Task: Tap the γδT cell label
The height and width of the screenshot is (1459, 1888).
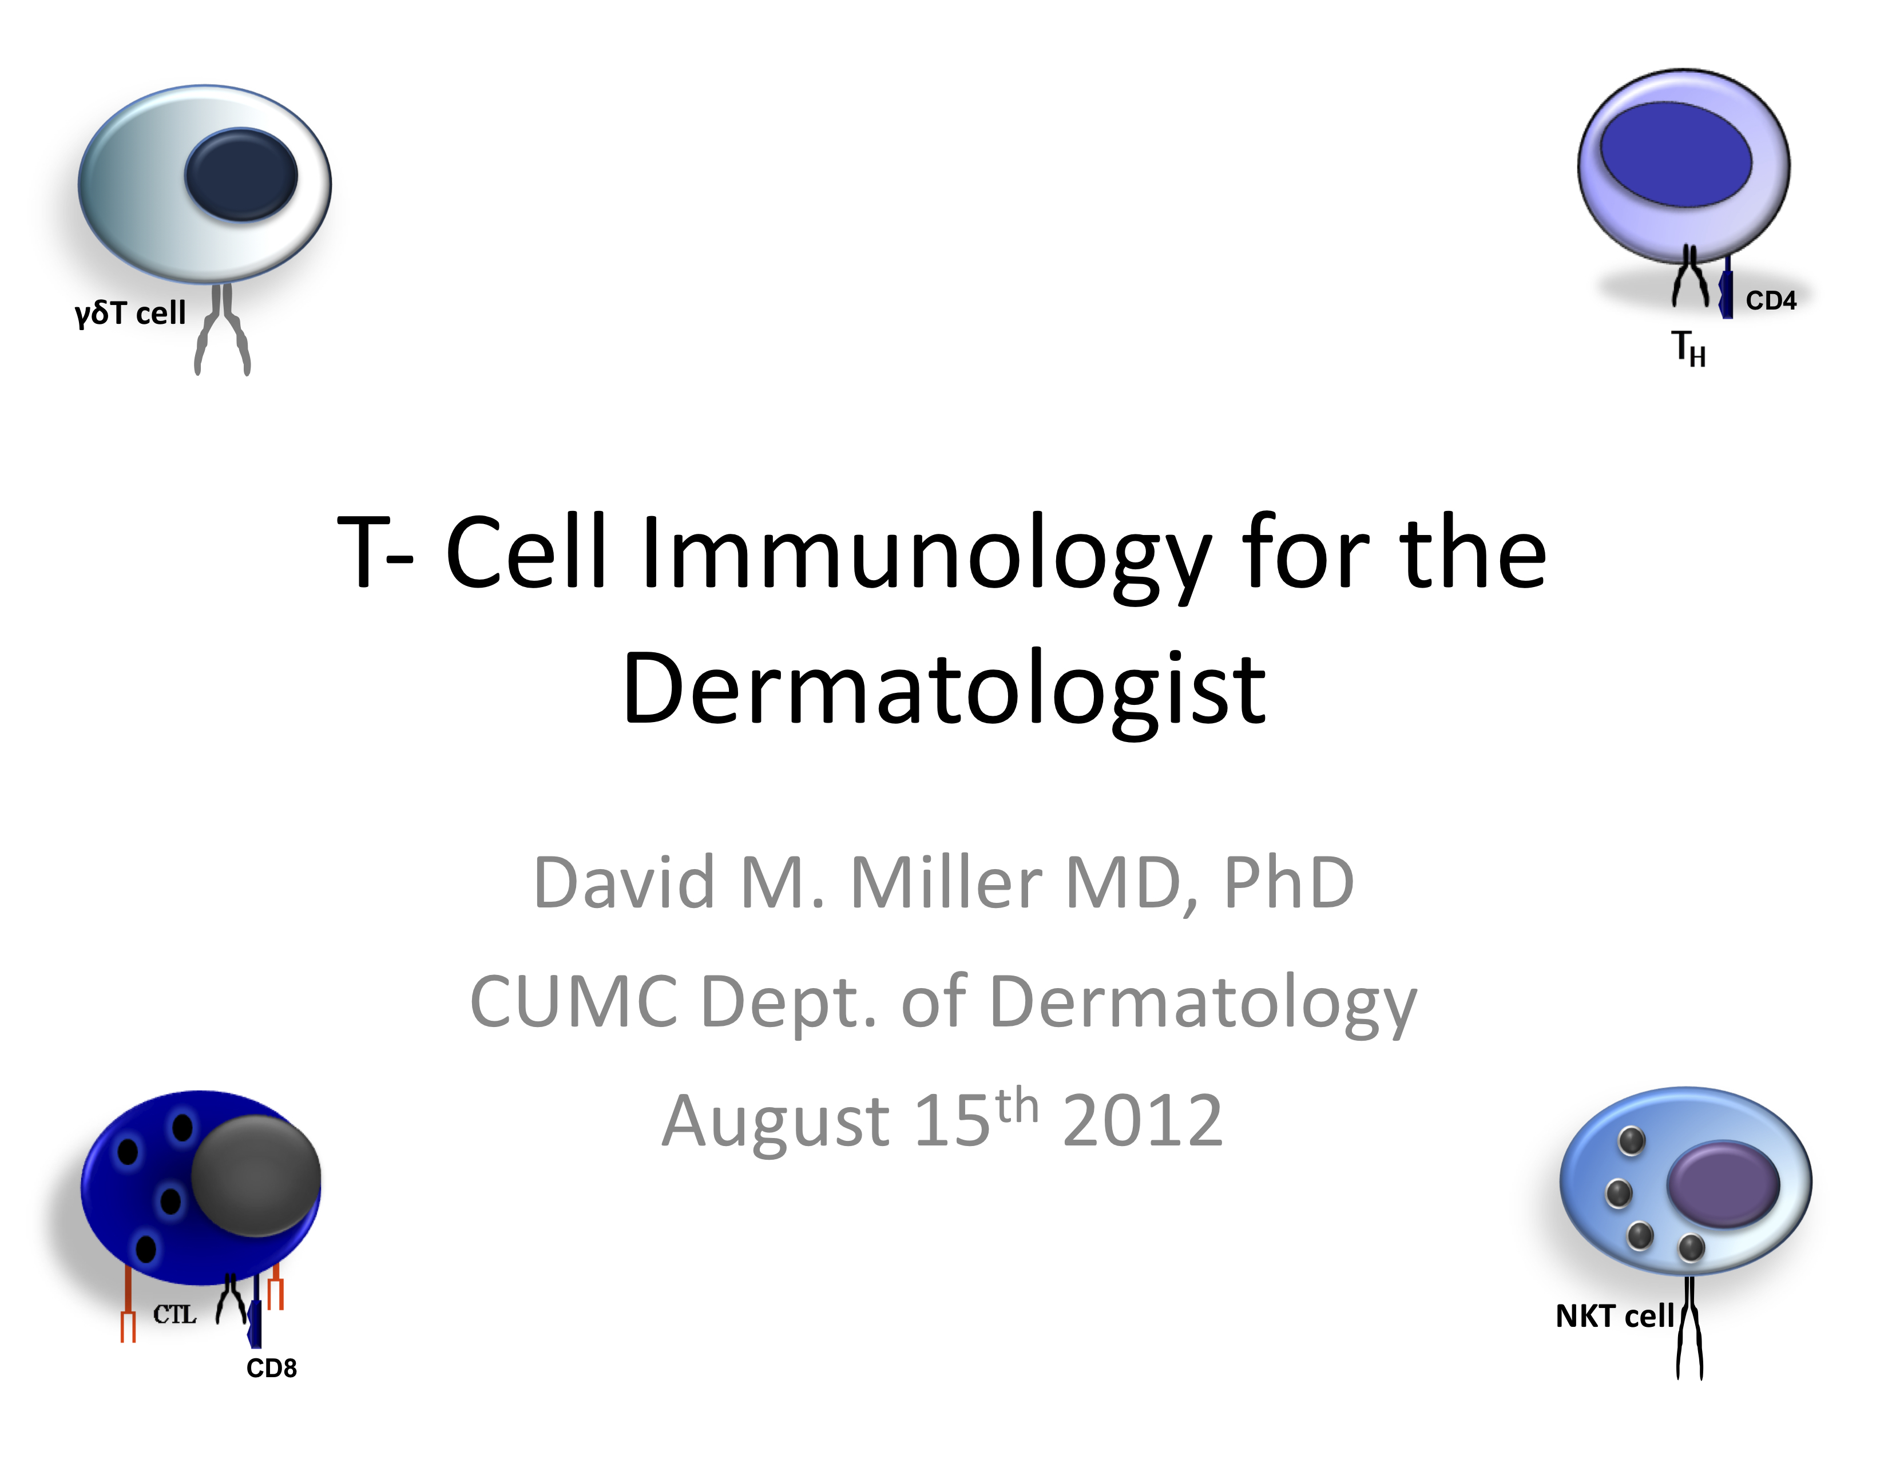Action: (x=130, y=313)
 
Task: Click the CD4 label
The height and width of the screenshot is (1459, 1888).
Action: (x=1771, y=301)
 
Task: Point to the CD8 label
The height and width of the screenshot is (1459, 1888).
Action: (x=271, y=1368)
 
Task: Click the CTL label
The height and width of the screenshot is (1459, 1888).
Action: (x=174, y=1315)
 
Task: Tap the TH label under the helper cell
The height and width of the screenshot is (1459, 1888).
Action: (x=1688, y=348)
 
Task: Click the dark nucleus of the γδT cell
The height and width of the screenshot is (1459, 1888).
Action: (x=241, y=174)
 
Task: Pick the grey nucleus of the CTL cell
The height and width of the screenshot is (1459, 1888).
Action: (x=256, y=1176)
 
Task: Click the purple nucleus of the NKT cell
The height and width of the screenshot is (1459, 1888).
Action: (x=1723, y=1184)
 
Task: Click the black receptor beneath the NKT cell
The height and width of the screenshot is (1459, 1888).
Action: (x=1689, y=1327)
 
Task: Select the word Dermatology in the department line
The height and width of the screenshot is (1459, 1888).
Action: (x=1203, y=1002)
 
